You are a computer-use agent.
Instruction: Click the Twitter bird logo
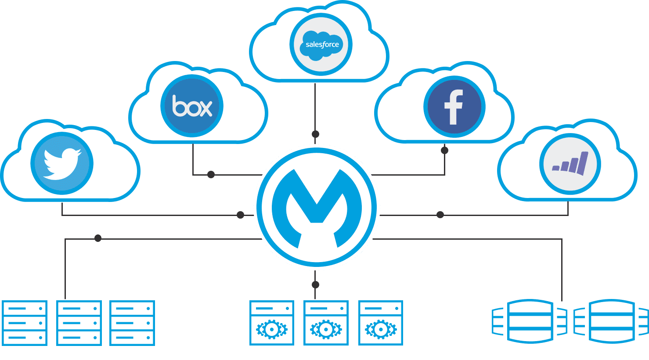62,163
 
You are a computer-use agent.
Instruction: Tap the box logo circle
192,107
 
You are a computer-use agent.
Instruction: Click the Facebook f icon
454,107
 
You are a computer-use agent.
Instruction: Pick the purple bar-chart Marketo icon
570,163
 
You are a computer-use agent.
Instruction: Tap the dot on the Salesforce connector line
315,134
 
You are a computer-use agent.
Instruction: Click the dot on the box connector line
211,175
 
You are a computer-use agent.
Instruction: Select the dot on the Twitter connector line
240,215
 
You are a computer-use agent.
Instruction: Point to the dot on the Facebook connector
444,151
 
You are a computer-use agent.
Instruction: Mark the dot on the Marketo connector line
440,215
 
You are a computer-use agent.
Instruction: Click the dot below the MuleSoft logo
315,285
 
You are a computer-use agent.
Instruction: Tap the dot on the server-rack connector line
98,238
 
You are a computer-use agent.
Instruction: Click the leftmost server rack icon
25,323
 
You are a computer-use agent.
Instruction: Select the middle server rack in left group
79,323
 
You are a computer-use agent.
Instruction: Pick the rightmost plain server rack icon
132,323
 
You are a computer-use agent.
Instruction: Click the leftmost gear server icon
272,323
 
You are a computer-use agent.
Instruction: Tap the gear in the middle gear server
326,329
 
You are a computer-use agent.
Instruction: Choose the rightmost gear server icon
381,323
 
